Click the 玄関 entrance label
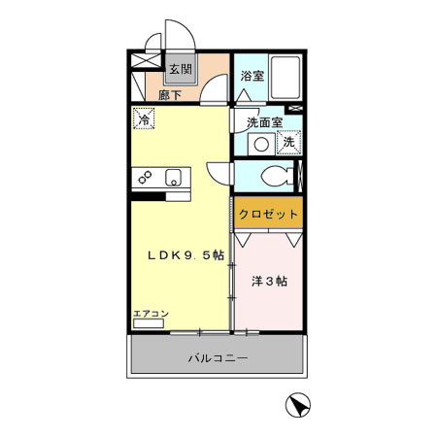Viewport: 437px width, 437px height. coord(180,70)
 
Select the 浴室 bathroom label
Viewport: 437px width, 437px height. coord(252,74)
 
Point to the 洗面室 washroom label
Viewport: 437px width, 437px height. coord(264,122)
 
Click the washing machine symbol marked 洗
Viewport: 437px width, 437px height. coord(288,143)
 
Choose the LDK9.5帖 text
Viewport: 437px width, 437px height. coord(185,255)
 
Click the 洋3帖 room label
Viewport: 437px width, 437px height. coord(269,282)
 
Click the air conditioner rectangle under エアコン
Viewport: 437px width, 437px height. coord(149,324)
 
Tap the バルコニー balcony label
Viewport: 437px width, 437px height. coord(218,358)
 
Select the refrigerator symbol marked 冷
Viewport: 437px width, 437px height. coord(144,121)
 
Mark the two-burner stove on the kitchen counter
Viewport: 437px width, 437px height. coord(146,178)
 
